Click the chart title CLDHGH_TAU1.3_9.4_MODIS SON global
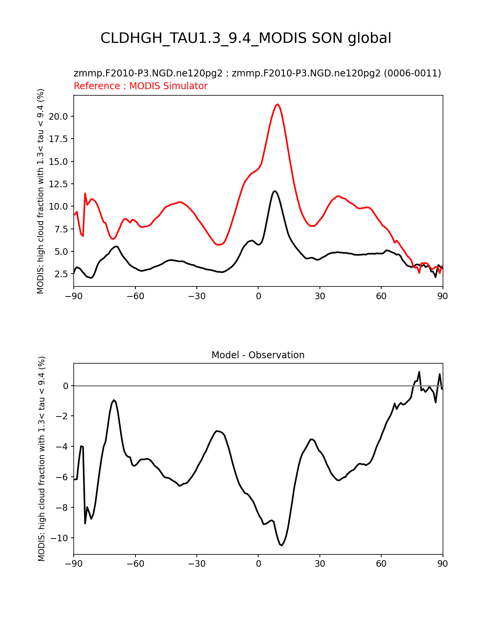coord(246,38)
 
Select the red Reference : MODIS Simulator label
coord(140,86)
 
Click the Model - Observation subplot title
coord(258,355)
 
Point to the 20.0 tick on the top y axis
coord(60,117)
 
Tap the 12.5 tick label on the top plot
coord(60,184)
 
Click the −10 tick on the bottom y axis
coord(60,538)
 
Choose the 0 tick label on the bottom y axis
coord(66,386)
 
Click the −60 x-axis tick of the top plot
coord(135,296)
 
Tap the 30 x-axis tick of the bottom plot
coord(320,564)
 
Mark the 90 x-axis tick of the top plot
coord(443,296)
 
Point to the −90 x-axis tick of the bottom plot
coord(74,564)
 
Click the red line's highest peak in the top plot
coord(278,104)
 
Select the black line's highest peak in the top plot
coord(275,191)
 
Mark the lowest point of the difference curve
coord(282,546)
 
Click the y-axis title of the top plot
coord(41,191)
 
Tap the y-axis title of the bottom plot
coord(42,459)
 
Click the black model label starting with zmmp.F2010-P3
coord(257,73)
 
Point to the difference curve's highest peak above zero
coord(419,372)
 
